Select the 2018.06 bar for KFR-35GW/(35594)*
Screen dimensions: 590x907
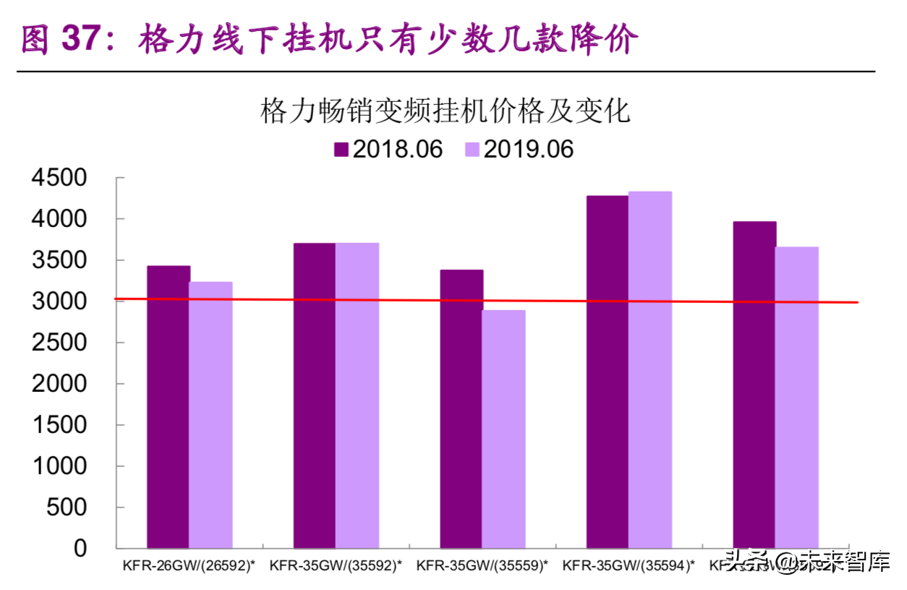tap(608, 372)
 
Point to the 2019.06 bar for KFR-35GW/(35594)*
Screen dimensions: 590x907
tap(650, 369)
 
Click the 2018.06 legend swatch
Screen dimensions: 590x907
tap(341, 150)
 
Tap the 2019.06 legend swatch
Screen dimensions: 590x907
tap(472, 150)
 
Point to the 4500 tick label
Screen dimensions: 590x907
tap(59, 178)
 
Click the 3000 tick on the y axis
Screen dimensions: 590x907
tap(59, 301)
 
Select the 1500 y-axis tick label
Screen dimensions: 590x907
tap(59, 425)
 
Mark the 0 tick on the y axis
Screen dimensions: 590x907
tap(80, 548)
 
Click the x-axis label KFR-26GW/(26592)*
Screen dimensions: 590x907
tap(190, 566)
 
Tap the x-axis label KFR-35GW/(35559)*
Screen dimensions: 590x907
tap(482, 566)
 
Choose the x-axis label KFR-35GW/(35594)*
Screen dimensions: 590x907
tap(629, 566)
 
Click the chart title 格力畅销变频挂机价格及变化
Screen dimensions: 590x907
tap(446, 113)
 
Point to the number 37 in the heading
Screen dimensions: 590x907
tap(80, 39)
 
